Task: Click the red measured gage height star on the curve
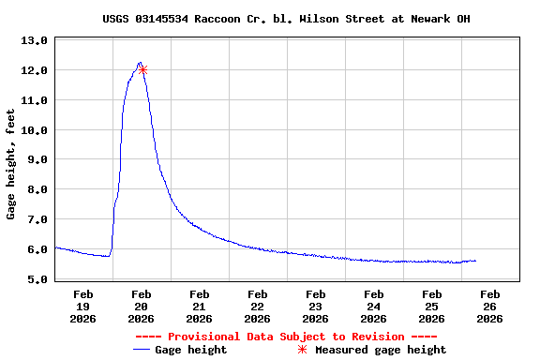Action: tap(142, 69)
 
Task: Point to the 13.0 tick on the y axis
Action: tap(35, 40)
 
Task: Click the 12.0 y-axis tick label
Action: tap(35, 70)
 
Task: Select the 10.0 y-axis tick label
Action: tap(35, 130)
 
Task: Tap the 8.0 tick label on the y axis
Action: tap(35, 189)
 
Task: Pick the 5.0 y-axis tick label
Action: tap(35, 279)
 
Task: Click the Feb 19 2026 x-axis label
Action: tap(82, 307)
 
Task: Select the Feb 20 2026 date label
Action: tap(141, 307)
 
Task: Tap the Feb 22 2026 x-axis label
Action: tap(257, 307)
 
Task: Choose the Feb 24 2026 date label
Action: tap(373, 307)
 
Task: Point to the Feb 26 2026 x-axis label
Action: tap(489, 307)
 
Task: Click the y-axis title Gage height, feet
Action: tap(11, 164)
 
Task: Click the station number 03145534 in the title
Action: tap(167, 19)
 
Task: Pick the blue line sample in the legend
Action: tap(142, 350)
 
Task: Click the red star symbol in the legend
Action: tap(302, 350)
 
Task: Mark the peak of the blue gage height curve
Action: tap(139, 63)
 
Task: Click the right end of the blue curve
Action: tap(475, 261)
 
